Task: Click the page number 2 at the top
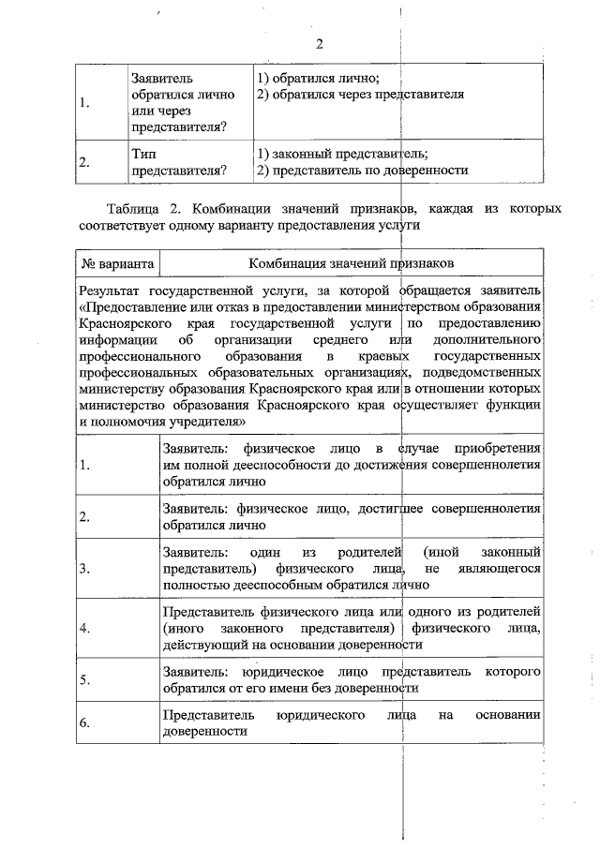tap(320, 44)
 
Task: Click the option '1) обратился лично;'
tap(316, 79)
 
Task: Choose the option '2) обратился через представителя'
tap(360, 95)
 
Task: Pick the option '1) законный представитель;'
tap(342, 154)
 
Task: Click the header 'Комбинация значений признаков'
tap(352, 263)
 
